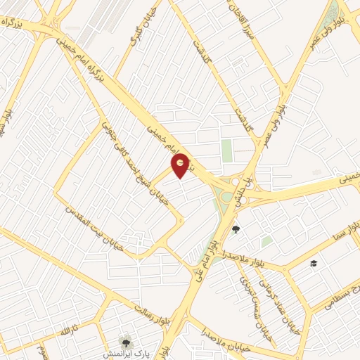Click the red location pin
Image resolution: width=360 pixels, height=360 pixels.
[181, 166]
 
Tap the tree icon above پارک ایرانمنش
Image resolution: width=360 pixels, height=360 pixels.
[126, 342]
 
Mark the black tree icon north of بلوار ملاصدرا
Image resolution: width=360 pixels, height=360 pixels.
[236, 229]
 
